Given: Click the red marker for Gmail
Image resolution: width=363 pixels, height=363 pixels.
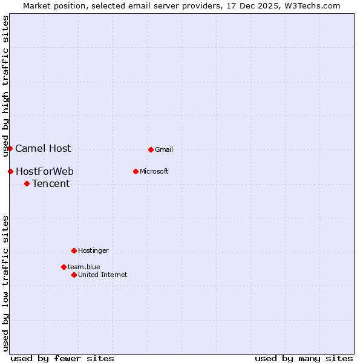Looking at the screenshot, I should point(151,149).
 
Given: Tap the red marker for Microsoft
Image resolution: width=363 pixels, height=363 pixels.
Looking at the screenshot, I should point(136,171).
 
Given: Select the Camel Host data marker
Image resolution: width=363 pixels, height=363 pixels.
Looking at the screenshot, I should point(10,148).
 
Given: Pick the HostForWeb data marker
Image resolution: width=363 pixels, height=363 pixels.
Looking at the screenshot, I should point(10,171).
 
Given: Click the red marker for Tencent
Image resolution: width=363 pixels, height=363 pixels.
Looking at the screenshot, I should point(27,183).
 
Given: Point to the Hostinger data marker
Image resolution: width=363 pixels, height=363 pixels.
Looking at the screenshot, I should point(74,250).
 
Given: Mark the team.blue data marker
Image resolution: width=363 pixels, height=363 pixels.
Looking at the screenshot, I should point(64,267).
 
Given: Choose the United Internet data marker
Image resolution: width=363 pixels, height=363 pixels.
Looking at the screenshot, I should point(74,275).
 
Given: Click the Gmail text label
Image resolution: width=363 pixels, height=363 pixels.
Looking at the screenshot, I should point(164,149).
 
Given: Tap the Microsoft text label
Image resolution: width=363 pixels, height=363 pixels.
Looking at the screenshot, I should point(154,171).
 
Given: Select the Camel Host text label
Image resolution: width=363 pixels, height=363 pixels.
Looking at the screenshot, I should point(43,148).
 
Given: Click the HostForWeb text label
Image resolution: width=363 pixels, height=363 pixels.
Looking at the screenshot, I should point(45,171).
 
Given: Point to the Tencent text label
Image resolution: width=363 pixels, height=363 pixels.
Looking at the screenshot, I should point(51,183).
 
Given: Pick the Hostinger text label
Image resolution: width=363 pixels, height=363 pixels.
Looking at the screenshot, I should point(93,250).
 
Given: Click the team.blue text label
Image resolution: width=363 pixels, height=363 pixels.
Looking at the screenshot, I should point(84,267).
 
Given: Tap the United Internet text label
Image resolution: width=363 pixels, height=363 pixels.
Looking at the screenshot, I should point(103,275).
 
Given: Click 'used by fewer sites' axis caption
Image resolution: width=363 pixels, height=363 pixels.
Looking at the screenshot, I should point(62,358).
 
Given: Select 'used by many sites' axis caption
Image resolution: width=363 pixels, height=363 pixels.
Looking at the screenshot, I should point(304,358).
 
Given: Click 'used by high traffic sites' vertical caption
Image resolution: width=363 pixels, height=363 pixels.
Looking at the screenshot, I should point(6,86).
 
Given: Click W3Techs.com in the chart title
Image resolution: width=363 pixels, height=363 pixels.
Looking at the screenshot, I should point(313,5).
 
